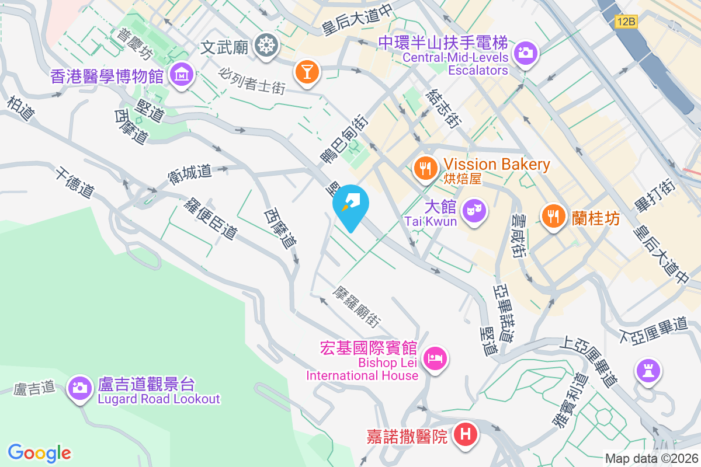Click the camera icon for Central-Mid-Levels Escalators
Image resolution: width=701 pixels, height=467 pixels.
pyautogui.click(x=526, y=53)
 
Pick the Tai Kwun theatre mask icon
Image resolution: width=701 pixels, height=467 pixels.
pyautogui.click(x=474, y=208)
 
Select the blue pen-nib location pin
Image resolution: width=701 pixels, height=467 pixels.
pyautogui.click(x=350, y=205)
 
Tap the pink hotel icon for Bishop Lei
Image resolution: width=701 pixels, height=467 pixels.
pyautogui.click(x=435, y=357)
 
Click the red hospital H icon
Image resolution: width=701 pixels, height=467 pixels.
pyautogui.click(x=466, y=434)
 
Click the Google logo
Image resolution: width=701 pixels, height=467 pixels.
pyautogui.click(x=40, y=452)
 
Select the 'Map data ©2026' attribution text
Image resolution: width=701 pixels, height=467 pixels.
pyautogui.click(x=651, y=458)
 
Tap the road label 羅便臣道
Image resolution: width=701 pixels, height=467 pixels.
pyautogui.click(x=210, y=218)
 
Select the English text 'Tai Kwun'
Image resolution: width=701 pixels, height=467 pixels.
pyautogui.click(x=431, y=221)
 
